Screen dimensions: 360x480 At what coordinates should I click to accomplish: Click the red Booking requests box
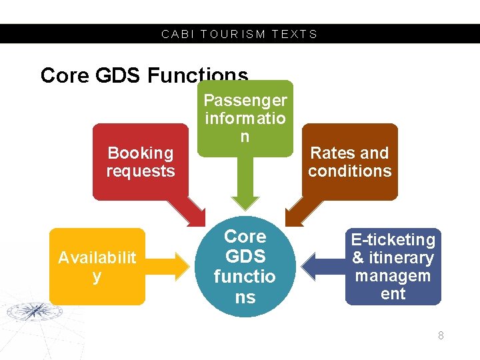(140, 161)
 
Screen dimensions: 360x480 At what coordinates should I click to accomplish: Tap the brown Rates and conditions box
(349, 161)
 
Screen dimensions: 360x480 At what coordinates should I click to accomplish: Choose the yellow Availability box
(97, 266)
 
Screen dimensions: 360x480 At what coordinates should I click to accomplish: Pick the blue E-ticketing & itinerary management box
(393, 266)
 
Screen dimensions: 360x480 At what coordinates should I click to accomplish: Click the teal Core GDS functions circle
(245, 266)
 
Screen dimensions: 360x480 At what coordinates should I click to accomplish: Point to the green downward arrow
(245, 193)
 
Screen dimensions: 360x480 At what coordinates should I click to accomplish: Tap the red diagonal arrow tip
(201, 220)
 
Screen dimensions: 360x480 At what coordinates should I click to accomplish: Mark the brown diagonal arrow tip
(291, 220)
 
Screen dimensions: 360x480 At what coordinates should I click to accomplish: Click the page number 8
(441, 335)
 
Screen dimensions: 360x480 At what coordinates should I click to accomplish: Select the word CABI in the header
(176, 34)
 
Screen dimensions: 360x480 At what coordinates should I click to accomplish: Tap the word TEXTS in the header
(295, 34)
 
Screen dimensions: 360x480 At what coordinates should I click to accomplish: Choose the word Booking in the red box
(140, 153)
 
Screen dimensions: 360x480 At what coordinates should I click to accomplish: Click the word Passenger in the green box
(245, 101)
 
